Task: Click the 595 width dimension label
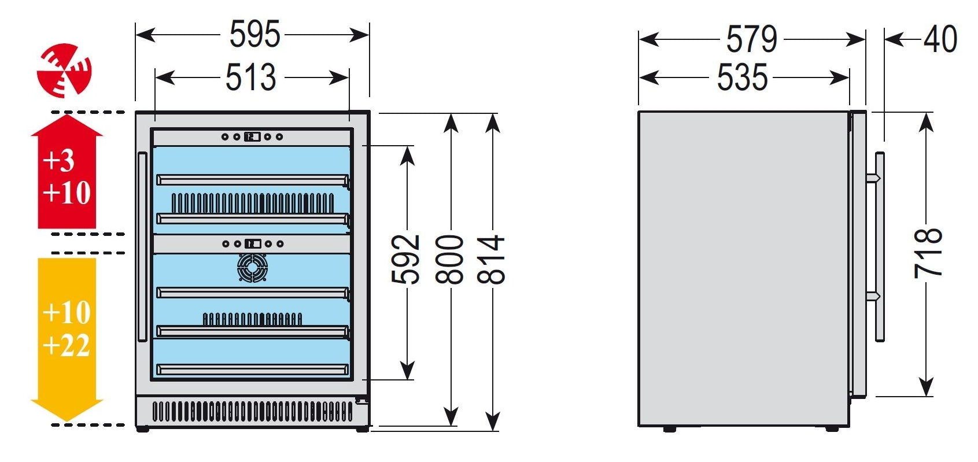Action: pyautogui.click(x=254, y=35)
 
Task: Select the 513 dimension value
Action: pyautogui.click(x=250, y=77)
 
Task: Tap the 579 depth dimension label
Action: pyautogui.click(x=751, y=39)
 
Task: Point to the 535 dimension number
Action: pyautogui.click(x=742, y=77)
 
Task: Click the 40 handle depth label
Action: pyautogui.click(x=940, y=39)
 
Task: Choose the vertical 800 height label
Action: pyautogui.click(x=450, y=259)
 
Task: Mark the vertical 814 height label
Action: pyautogui.click(x=491, y=259)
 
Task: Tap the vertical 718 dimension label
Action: pyautogui.click(x=928, y=253)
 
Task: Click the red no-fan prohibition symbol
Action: pyautogui.click(x=64, y=69)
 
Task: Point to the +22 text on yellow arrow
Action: pyautogui.click(x=67, y=346)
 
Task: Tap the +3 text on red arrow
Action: pyautogui.click(x=58, y=160)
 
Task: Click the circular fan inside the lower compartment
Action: pyautogui.click(x=253, y=268)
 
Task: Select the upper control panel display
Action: pyautogui.click(x=252, y=137)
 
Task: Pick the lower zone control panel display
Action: pyautogui.click(x=252, y=244)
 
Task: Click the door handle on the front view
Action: pyautogui.click(x=142, y=247)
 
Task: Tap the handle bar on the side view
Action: pyautogui.click(x=880, y=247)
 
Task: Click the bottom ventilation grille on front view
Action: pyautogui.click(x=252, y=412)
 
